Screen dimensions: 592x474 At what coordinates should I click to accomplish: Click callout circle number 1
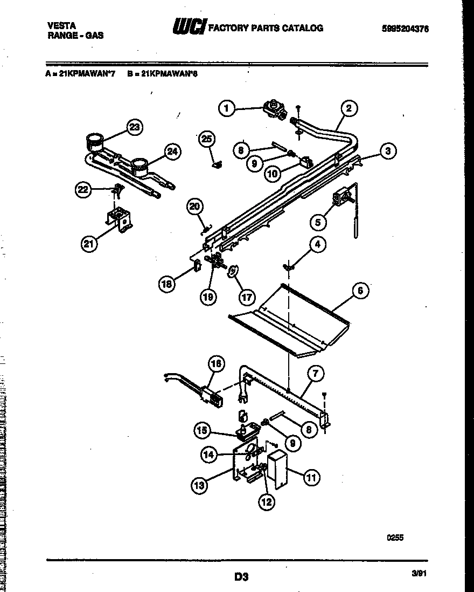click(x=227, y=109)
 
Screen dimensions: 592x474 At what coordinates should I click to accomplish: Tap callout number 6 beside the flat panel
click(x=360, y=291)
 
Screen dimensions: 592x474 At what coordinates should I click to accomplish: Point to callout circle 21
click(x=89, y=244)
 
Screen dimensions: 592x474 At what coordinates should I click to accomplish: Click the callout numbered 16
click(x=215, y=364)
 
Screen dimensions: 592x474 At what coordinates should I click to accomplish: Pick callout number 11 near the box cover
click(x=311, y=477)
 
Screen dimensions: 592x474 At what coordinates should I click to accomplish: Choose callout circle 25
click(x=206, y=139)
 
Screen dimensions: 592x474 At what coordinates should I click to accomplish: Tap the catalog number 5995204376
click(x=405, y=29)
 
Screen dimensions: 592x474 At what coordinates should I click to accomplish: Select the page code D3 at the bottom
click(x=241, y=576)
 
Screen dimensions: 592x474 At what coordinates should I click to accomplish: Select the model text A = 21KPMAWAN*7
click(x=81, y=75)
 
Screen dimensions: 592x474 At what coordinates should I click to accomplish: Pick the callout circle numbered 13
click(x=199, y=485)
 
